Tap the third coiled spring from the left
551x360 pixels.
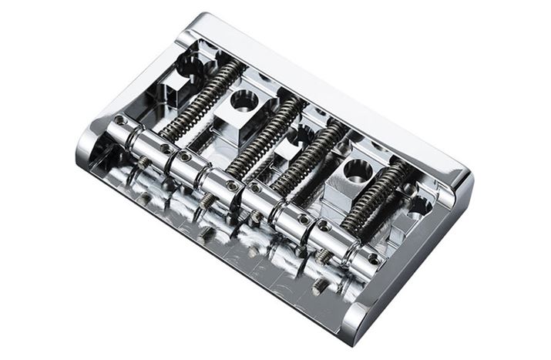coord(311,158)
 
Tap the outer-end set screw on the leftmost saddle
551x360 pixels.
coord(119,120)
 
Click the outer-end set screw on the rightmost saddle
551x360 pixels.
coord(375,259)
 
